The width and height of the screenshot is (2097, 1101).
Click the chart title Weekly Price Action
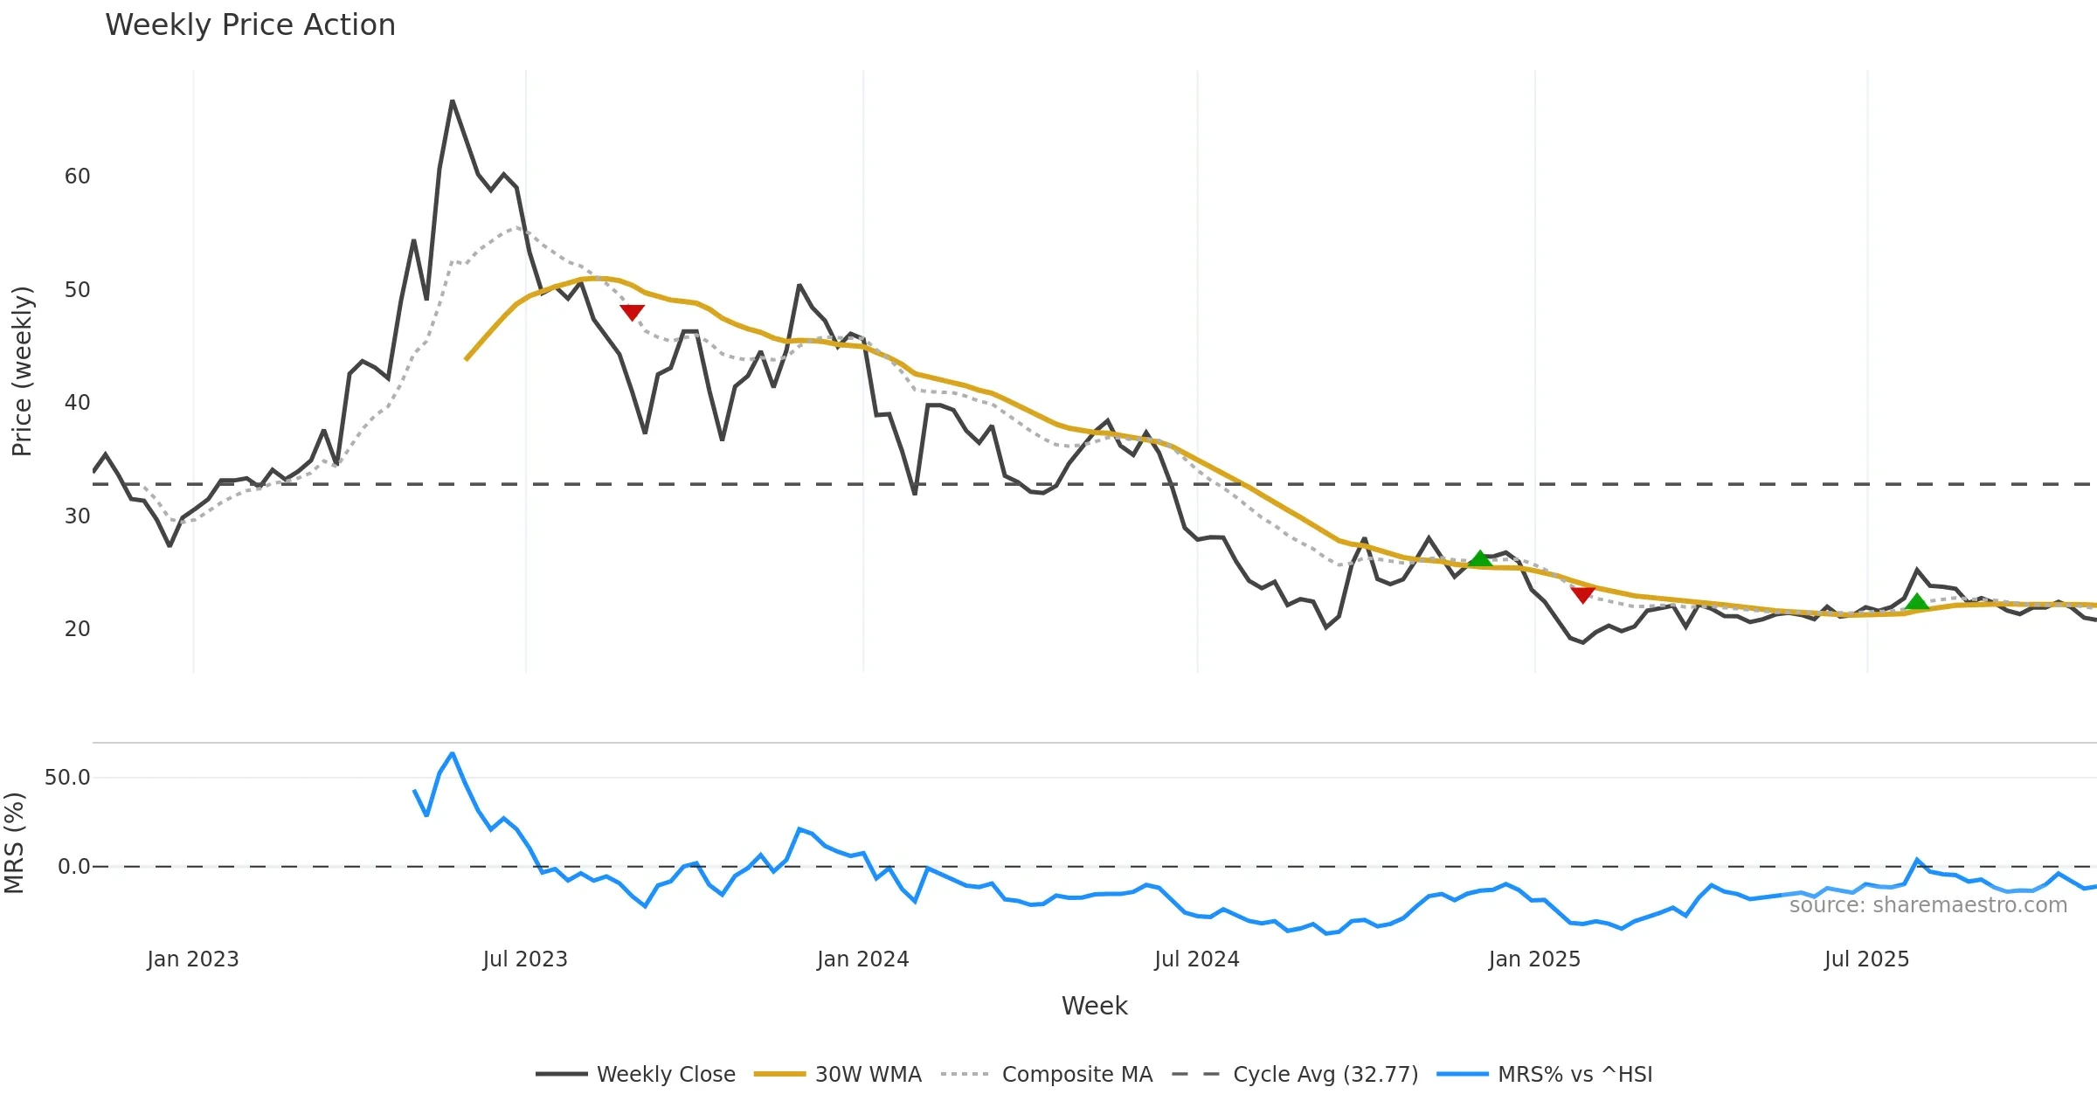click(250, 25)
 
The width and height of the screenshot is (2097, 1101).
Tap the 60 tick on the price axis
click(77, 177)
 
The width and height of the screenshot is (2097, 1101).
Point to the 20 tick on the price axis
click(77, 629)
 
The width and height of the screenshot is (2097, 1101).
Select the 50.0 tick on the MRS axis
click(67, 778)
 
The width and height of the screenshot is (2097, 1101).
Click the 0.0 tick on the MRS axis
click(73, 867)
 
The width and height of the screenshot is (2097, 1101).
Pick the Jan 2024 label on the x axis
click(862, 959)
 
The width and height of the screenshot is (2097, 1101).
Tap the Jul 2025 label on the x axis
click(1866, 959)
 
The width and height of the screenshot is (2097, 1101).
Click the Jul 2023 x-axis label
click(525, 959)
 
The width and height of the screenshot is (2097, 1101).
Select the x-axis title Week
click(1094, 1007)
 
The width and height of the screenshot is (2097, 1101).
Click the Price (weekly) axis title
click(22, 371)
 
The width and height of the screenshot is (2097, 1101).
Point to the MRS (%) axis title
click(14, 843)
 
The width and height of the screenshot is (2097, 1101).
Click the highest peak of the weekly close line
click(453, 101)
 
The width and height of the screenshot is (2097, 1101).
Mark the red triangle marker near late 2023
click(632, 312)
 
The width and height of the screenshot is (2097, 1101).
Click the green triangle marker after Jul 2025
click(1917, 602)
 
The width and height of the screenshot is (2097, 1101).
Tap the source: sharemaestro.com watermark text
click(1927, 905)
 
